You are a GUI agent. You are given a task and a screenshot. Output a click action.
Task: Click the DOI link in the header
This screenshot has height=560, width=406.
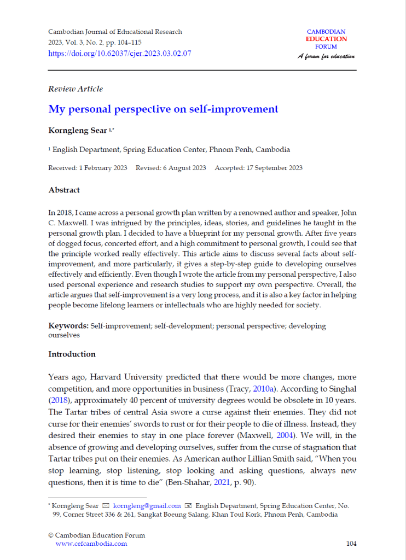pyautogui.click(x=120, y=54)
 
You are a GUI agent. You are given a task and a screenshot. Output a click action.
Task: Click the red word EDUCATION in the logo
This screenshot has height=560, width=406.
pyautogui.click(x=326, y=39)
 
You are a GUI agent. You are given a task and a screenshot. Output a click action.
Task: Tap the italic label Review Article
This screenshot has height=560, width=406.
pyautogui.click(x=76, y=89)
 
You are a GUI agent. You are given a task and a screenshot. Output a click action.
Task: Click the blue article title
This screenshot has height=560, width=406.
pyautogui.click(x=164, y=109)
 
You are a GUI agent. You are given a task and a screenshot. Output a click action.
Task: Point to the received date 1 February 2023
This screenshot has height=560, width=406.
pyautogui.click(x=102, y=168)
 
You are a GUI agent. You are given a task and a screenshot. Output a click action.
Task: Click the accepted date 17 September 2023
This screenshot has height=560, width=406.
pyautogui.click(x=272, y=168)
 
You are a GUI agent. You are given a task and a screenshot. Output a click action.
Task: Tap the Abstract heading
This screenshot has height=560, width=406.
pyautogui.click(x=64, y=190)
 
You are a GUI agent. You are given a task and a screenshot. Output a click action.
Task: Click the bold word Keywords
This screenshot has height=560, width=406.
pyautogui.click(x=68, y=326)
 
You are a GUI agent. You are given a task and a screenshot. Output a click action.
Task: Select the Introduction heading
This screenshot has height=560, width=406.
pyautogui.click(x=72, y=354)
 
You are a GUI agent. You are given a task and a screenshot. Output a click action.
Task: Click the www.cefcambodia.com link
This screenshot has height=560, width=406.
pyautogui.click(x=91, y=544)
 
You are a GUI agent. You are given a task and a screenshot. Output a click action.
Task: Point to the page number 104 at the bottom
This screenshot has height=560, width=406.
pyautogui.click(x=351, y=544)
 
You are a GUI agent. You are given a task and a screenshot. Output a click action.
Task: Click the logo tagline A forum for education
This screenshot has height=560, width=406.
pyautogui.click(x=326, y=56)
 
